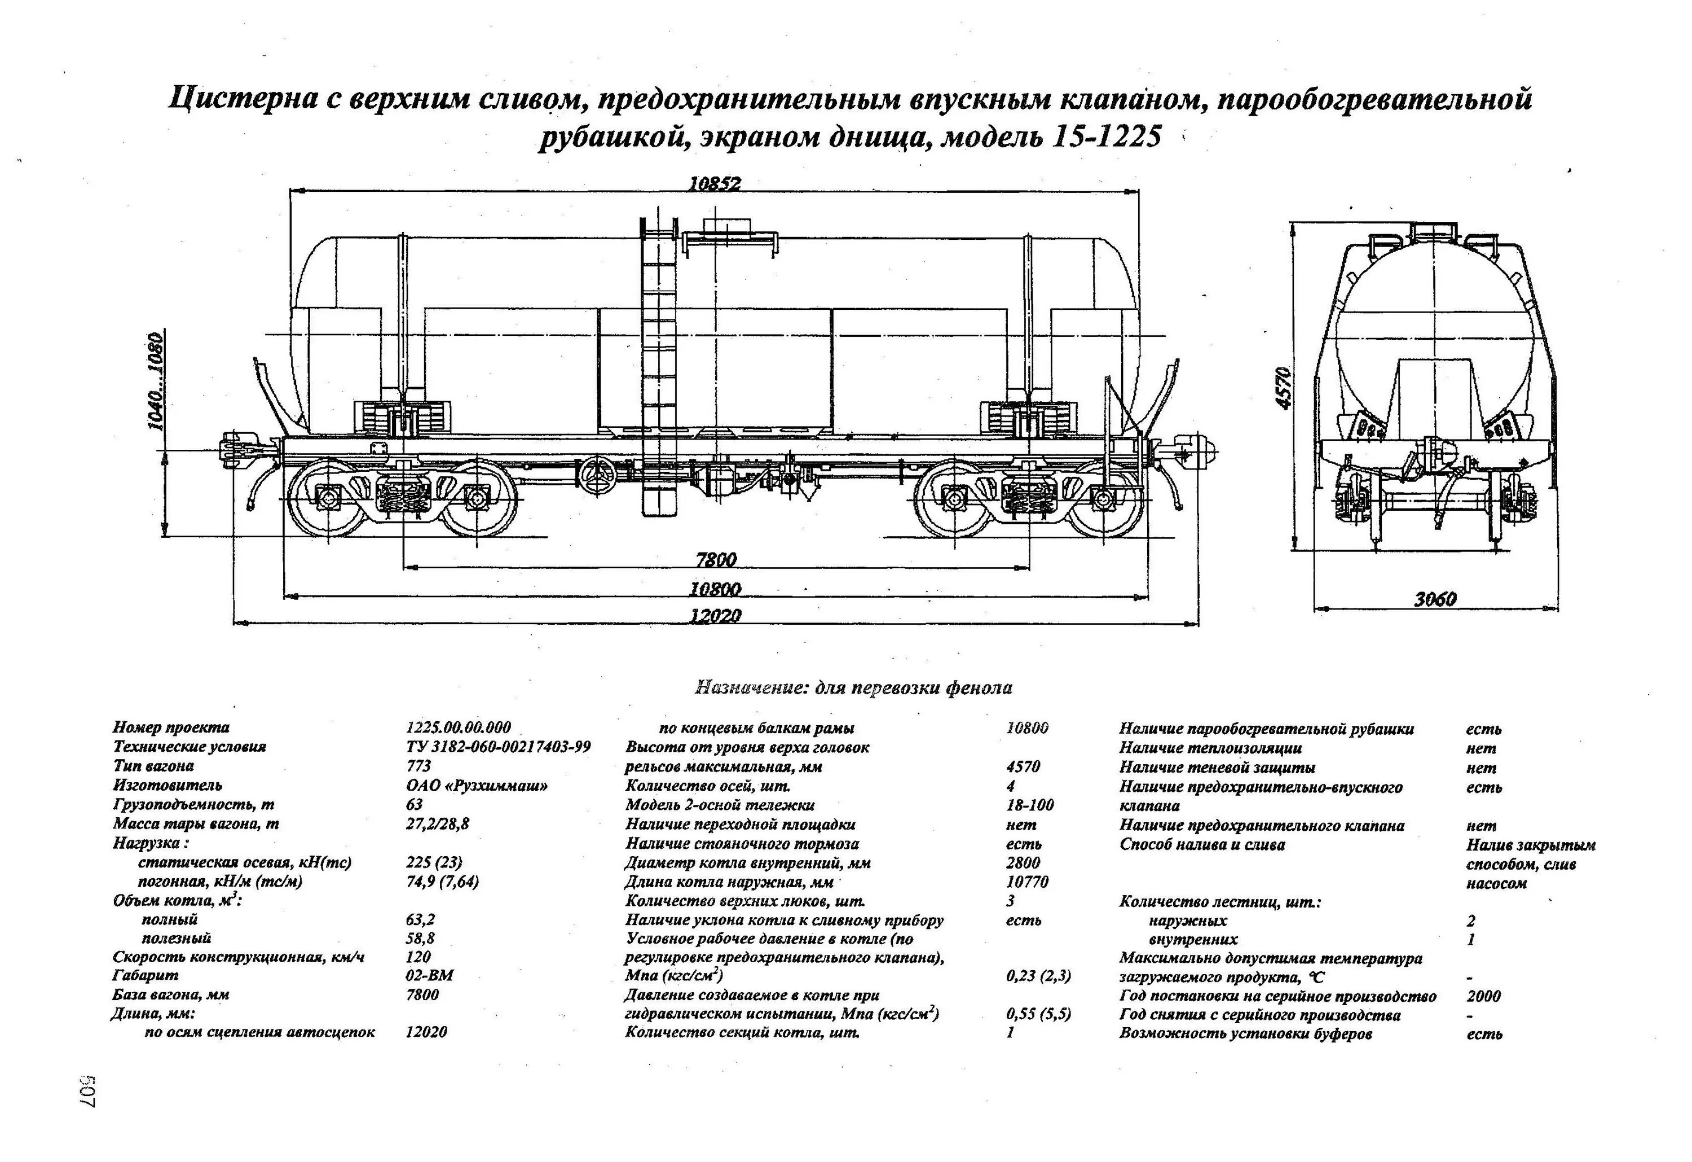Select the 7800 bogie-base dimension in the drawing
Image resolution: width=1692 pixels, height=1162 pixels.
[716, 559]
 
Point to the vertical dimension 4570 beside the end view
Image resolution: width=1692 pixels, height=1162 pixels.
[1284, 388]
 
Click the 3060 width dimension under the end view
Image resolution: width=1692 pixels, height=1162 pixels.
[1435, 599]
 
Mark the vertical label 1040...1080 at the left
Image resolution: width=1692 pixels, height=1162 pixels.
[155, 381]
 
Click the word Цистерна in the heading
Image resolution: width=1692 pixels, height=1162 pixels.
[243, 98]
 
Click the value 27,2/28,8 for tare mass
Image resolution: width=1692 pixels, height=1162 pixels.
[438, 823]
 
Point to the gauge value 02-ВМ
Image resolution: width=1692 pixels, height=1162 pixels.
[430, 975]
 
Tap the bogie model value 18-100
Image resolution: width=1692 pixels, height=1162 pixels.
[1029, 804]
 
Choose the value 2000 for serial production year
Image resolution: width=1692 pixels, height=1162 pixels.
[1484, 996]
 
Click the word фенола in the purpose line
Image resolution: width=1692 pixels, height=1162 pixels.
[979, 687]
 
